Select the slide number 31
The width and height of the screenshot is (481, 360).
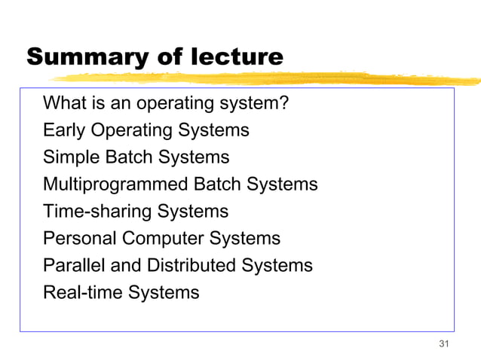coord(443,344)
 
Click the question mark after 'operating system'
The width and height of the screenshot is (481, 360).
coord(283,103)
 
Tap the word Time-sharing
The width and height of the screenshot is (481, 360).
coord(97,212)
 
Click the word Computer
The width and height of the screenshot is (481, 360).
coord(163,239)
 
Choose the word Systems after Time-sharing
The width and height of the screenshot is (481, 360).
coord(192,212)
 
